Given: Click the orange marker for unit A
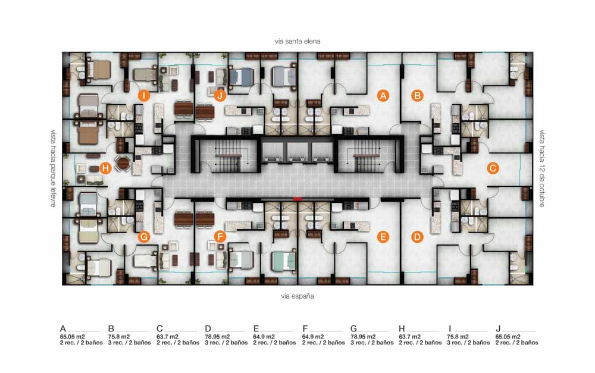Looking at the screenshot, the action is coord(383,96).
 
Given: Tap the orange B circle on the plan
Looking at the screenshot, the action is coord(418,96).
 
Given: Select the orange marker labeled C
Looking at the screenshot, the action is coord(493,168).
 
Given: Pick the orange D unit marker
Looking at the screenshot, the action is coord(418,237).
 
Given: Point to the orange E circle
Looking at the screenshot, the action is coord(383,237).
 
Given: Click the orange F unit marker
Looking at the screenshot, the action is coord(220,237).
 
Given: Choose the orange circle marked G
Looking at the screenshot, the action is coord(144,237).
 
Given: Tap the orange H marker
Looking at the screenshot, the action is coord(105,168).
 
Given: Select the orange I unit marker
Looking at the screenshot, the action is coord(144,96).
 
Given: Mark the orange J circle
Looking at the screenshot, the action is coord(220,96).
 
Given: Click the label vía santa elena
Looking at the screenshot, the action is coord(297,41).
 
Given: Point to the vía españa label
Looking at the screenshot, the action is coord(297,296).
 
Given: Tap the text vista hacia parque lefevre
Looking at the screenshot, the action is coord(54,168).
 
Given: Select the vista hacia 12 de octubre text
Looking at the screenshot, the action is coord(542,168).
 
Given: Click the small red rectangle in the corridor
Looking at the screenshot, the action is coord(297,199).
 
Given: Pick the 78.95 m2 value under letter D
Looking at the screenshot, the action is coord(217,337).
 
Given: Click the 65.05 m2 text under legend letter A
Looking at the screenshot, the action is coord(73,337).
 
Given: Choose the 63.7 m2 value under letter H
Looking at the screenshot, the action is coord(410,337).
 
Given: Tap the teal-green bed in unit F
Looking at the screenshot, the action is coord(284,261).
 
